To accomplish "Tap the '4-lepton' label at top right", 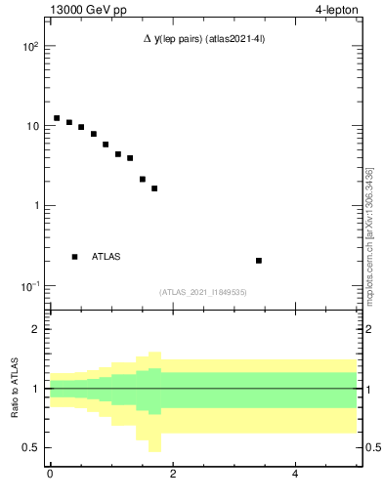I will (x=339, y=11).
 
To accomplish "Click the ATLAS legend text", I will (x=107, y=257).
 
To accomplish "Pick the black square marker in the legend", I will (x=75, y=257).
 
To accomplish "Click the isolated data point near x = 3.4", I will (x=259, y=261).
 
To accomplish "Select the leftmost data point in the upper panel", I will (x=57, y=118).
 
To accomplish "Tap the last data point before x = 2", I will (x=154, y=188).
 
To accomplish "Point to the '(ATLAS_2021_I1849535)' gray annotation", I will (x=203, y=292).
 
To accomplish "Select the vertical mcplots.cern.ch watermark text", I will (x=369, y=237).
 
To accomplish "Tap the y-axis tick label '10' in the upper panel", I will (x=31, y=126).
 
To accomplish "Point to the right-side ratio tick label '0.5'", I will (x=373, y=447).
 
